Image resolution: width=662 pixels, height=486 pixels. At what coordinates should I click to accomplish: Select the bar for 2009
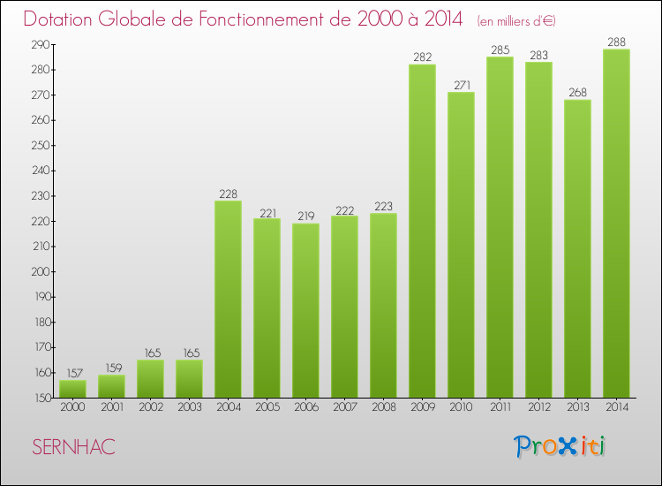tap(422, 231)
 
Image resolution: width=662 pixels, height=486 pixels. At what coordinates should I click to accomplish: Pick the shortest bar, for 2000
tap(72, 388)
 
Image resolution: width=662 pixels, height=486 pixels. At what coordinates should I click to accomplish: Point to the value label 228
tap(228, 194)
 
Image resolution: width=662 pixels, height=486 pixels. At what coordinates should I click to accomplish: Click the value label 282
tap(422, 57)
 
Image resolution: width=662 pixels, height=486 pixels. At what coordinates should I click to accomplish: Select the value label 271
tap(461, 86)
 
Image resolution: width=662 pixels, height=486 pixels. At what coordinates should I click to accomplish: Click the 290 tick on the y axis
tap(41, 44)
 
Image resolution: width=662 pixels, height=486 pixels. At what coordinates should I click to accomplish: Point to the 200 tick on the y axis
tap(41, 271)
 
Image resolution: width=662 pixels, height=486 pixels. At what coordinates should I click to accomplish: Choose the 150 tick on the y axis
tap(41, 398)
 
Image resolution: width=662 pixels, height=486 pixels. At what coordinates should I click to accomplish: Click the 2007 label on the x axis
tap(344, 408)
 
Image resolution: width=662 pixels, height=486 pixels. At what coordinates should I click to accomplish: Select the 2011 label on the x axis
tap(500, 408)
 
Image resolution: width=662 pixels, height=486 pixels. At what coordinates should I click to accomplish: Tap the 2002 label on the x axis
tap(150, 408)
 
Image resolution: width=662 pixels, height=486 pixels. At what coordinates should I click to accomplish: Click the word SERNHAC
tap(73, 447)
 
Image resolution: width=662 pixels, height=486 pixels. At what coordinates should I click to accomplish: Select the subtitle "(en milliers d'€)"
tap(516, 20)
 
